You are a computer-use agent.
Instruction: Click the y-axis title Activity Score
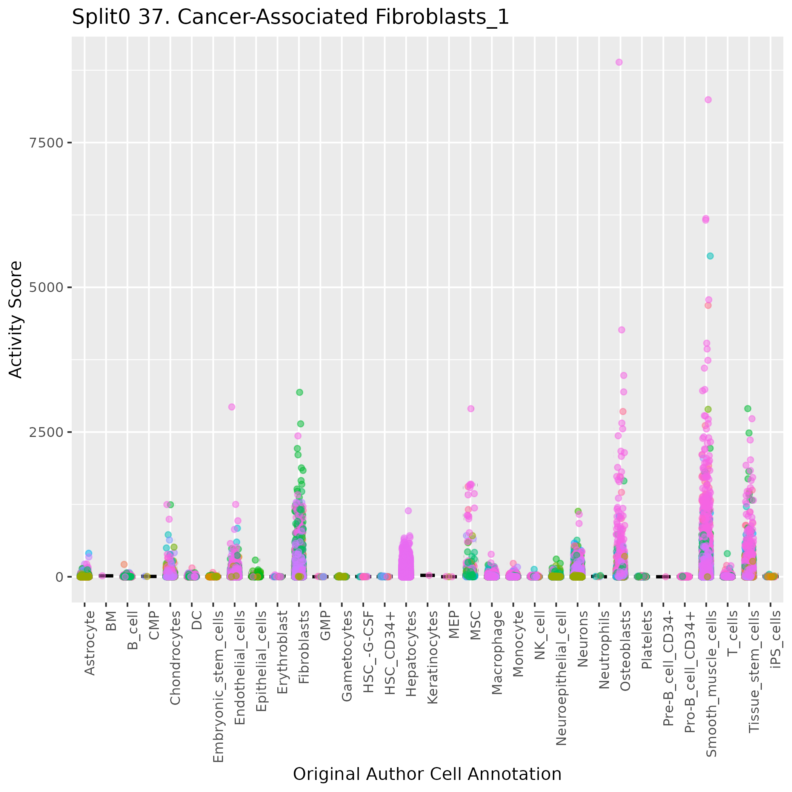tap(15, 319)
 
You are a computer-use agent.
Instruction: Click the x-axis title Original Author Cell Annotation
tap(427, 774)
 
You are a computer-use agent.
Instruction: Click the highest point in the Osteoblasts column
tap(619, 62)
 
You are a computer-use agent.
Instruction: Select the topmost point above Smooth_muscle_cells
tap(708, 100)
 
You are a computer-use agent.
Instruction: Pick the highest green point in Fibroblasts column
tap(300, 392)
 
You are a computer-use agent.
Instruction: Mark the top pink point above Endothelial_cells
tap(232, 407)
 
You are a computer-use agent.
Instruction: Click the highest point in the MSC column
tap(471, 409)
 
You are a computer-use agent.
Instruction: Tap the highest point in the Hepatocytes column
tap(408, 511)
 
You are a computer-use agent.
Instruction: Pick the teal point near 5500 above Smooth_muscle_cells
tap(710, 256)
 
